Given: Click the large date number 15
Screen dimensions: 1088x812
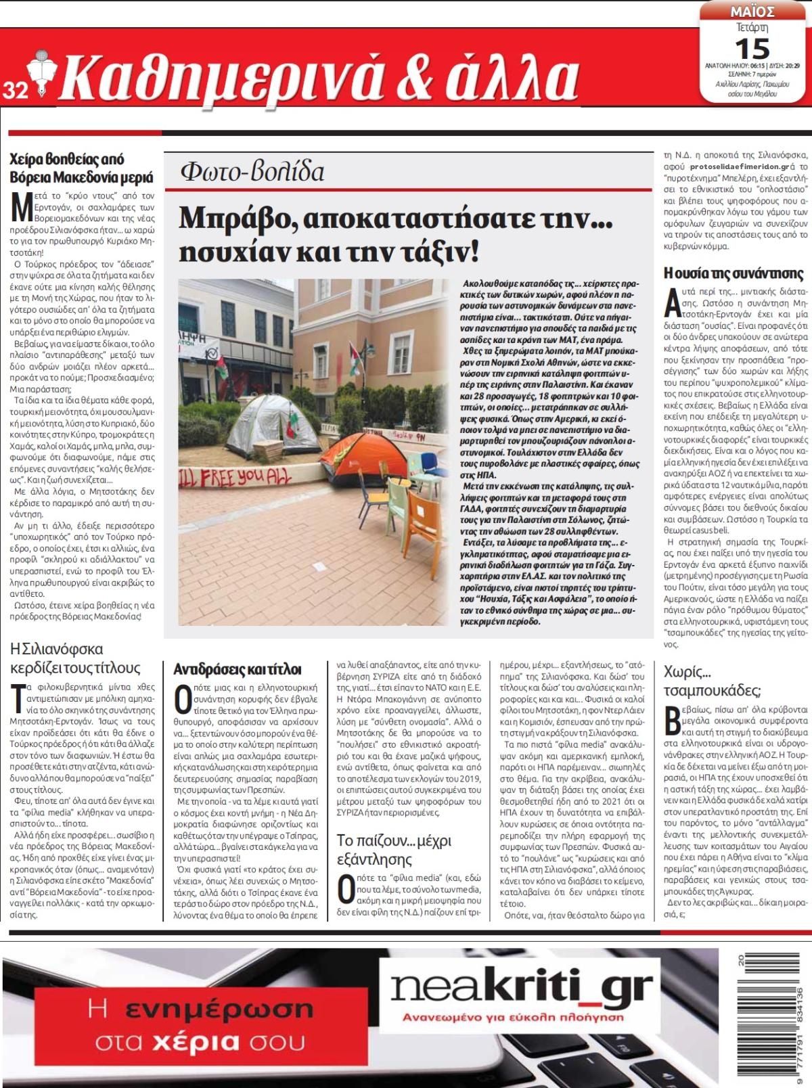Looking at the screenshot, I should [x=752, y=49].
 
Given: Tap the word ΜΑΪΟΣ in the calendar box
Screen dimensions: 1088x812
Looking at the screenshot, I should [x=753, y=12].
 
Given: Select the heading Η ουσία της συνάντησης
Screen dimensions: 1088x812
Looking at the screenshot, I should [x=733, y=273].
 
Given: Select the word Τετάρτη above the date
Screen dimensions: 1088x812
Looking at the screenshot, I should [x=752, y=28].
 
